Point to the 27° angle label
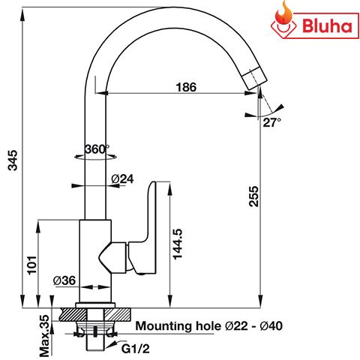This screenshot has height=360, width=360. tap(271, 121)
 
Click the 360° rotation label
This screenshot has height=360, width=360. tap(97, 148)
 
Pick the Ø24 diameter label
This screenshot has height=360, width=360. tap(122, 179)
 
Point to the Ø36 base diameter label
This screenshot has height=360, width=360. tap(64, 280)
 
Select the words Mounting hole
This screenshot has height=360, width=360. tap(178, 327)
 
